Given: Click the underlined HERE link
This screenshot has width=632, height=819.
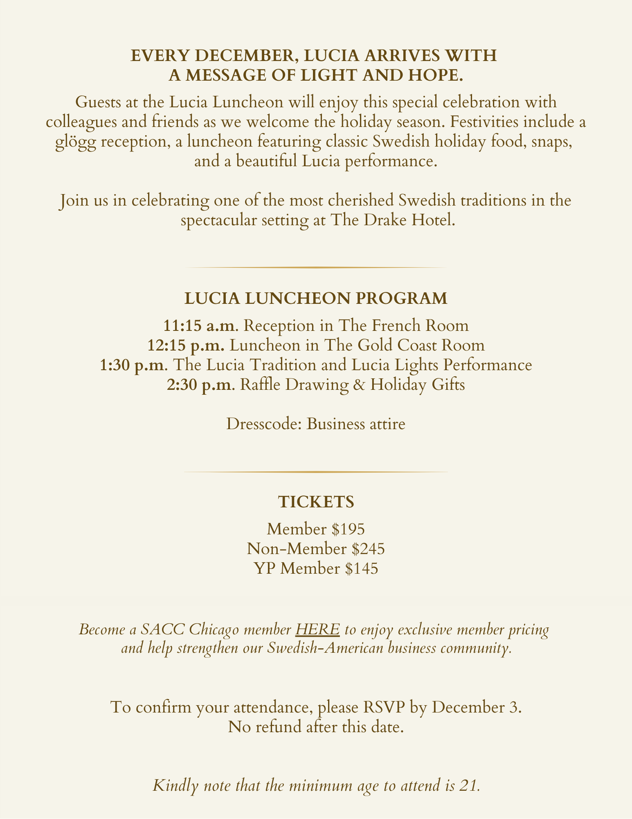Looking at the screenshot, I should (x=317, y=629).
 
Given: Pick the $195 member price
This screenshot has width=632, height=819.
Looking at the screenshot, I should (x=348, y=529).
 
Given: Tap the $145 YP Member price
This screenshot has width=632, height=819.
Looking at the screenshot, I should (x=361, y=569).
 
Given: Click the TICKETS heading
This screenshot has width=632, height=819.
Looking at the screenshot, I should (x=316, y=502).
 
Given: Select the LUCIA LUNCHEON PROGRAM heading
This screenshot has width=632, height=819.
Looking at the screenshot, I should (x=316, y=299).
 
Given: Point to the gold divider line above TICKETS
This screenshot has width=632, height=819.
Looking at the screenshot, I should (x=316, y=472).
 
